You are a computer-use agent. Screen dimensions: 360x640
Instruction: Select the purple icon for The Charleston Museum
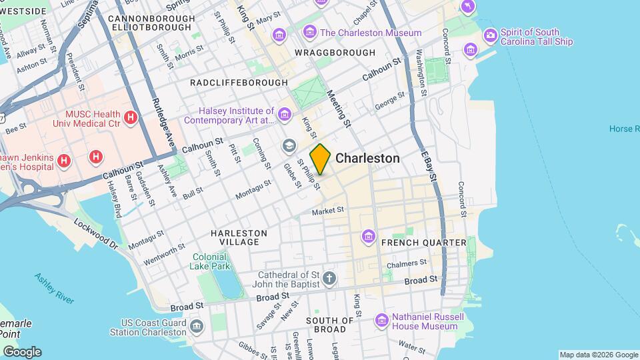tap(309, 32)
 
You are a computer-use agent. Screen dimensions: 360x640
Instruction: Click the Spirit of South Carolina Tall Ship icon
tap(491, 35)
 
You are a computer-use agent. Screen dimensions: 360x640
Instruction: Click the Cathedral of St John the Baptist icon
tap(329, 277)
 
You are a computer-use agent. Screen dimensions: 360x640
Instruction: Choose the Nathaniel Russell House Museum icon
tap(381, 321)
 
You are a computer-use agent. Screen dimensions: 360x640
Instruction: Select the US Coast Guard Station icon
tap(197, 325)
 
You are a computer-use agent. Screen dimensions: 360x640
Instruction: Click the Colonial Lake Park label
tap(211, 261)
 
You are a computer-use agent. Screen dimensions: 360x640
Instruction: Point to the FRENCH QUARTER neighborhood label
tap(423, 243)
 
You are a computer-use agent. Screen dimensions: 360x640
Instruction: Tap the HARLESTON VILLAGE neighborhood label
tap(239, 237)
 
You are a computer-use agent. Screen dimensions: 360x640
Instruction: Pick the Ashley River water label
tap(55, 288)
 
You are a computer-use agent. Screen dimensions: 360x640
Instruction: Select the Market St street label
tap(328, 211)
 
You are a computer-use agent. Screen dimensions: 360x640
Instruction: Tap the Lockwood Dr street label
tap(95, 233)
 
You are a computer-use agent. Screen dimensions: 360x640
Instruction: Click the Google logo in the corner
tap(21, 351)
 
